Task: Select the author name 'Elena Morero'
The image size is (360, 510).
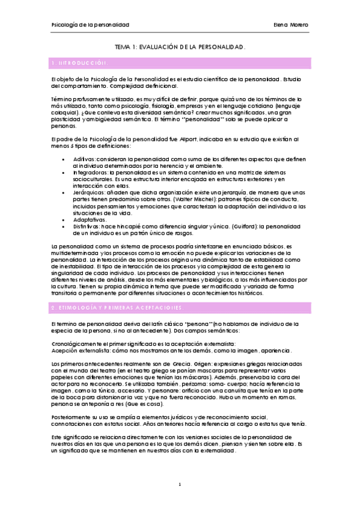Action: (x=290, y=25)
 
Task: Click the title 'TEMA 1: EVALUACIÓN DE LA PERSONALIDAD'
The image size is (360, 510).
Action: (x=180, y=46)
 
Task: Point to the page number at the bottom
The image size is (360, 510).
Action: (x=180, y=484)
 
